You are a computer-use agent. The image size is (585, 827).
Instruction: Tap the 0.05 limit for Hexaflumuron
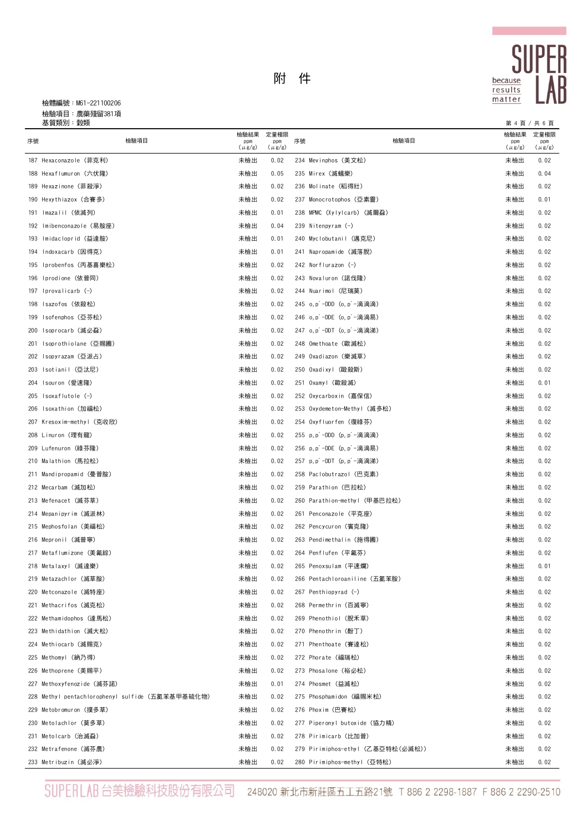(x=277, y=174)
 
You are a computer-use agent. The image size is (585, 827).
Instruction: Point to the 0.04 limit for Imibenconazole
(x=277, y=226)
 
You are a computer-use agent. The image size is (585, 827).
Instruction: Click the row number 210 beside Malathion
(x=33, y=461)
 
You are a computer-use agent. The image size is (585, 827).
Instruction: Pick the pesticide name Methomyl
(x=54, y=658)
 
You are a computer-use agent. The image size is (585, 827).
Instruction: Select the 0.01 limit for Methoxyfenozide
(x=277, y=684)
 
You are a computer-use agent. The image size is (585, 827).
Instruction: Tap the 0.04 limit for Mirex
(x=544, y=174)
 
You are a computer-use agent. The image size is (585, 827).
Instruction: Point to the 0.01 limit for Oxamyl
(x=544, y=383)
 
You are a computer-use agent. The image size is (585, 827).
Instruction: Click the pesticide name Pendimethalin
(x=330, y=540)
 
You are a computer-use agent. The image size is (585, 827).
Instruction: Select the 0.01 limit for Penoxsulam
(x=544, y=566)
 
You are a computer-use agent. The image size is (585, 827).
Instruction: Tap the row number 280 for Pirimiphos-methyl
(x=300, y=762)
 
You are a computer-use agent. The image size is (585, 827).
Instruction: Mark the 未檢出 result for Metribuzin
(x=248, y=762)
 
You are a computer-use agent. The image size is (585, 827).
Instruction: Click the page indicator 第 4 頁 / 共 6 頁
(x=529, y=123)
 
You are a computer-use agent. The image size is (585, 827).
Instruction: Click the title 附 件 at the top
(x=292, y=79)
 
